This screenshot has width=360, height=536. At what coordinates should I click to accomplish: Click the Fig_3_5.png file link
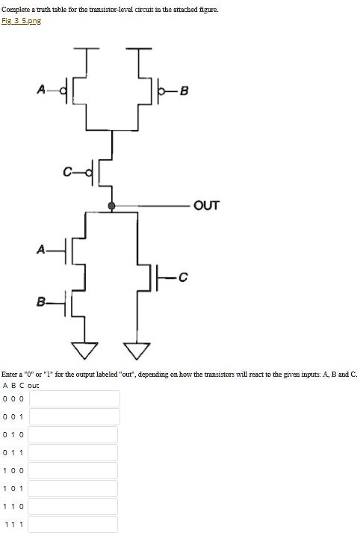coord(21,20)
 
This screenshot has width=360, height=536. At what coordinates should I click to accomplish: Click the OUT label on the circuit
coord(206,206)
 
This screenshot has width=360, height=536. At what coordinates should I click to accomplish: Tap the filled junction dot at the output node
coord(111,206)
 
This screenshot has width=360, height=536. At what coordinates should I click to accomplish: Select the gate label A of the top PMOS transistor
coord(41,90)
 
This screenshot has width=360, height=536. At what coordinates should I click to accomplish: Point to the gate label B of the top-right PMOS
coord(184,91)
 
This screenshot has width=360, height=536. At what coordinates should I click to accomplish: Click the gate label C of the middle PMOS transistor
coord(68,172)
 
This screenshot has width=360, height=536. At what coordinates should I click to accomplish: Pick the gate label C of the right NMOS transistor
coord(183,277)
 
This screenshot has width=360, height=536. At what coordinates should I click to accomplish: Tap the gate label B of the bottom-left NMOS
coord(41,302)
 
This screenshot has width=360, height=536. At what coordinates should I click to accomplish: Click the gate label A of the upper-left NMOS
coord(41,250)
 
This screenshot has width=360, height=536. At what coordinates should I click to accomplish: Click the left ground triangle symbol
coord(84,350)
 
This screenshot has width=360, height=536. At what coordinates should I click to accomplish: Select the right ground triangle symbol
coord(137,351)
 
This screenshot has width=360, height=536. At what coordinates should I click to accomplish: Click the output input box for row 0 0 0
coord(75,398)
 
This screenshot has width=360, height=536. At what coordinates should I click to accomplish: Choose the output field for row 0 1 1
coord(72,452)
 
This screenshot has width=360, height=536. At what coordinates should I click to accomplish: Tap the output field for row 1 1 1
coord(72,524)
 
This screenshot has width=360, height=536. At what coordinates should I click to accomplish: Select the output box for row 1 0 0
coord(72,470)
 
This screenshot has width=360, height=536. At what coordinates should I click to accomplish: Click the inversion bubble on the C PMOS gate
coord(90,173)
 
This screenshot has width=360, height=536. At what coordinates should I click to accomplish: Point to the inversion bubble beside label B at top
coord(162,91)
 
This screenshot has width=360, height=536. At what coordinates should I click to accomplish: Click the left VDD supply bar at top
coord(87,49)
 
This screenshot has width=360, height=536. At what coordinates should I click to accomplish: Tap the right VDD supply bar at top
coord(139,49)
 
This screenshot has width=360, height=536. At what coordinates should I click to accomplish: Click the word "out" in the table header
coord(33,386)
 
